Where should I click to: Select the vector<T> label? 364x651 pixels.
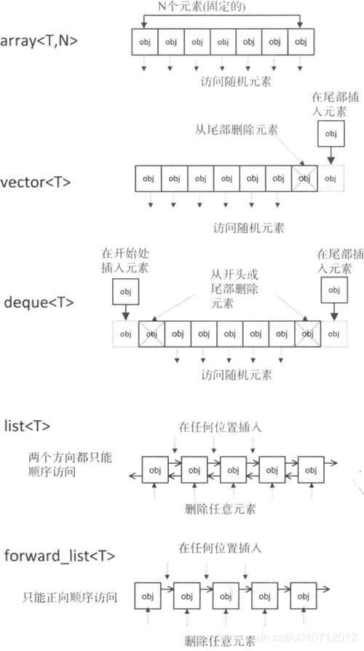[36, 182]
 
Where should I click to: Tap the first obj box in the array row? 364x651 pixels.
[145, 42]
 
